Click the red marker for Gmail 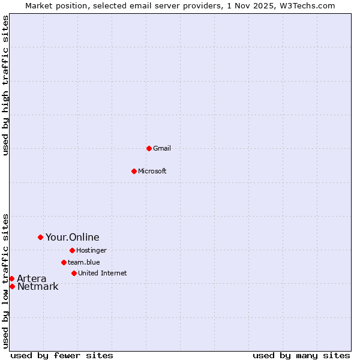pyautogui.click(x=149, y=148)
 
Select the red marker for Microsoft pyautogui.click(x=134, y=171)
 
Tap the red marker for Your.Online pyautogui.click(x=40, y=237)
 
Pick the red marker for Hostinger pyautogui.click(x=72, y=250)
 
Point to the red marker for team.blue pyautogui.click(x=64, y=262)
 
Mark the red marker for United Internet pyautogui.click(x=74, y=273)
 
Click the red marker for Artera pyautogui.click(x=11, y=278)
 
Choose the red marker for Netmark pyautogui.click(x=12, y=286)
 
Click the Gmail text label pyautogui.click(x=162, y=148)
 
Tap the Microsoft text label pyautogui.click(x=152, y=171)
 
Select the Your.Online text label pyautogui.click(x=73, y=237)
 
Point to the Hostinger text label pyautogui.click(x=92, y=250)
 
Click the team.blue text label pyautogui.click(x=84, y=262)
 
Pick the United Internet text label pyautogui.click(x=103, y=273)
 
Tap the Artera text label pyautogui.click(x=32, y=278)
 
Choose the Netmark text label pyautogui.click(x=38, y=286)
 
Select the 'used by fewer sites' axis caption pyautogui.click(x=62, y=355)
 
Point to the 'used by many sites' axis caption pyautogui.click(x=301, y=355)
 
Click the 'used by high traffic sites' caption pyautogui.click(x=5, y=85)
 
